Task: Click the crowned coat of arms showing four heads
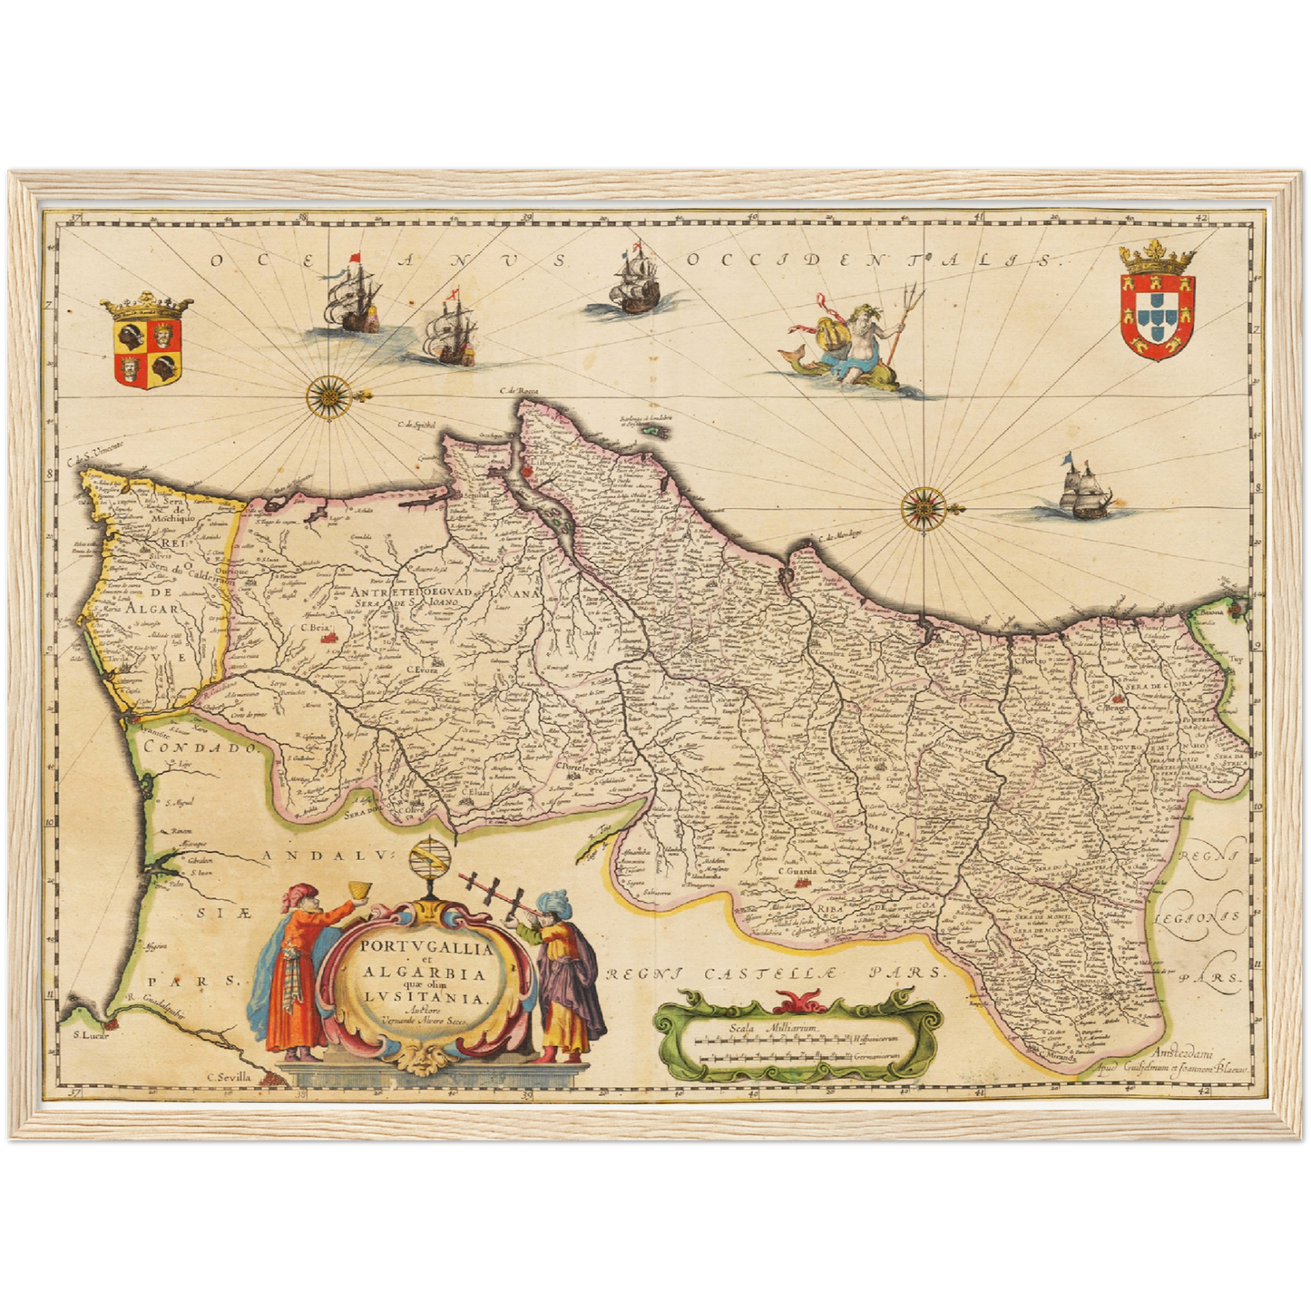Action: pyautogui.click(x=147, y=343)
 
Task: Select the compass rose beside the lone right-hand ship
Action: pyautogui.click(x=923, y=505)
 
